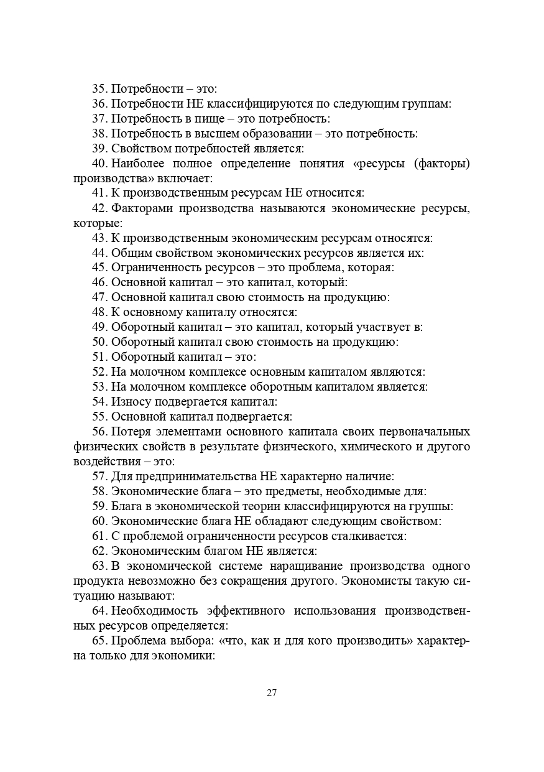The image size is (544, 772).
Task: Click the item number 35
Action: click(x=99, y=89)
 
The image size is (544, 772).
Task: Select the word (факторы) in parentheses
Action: click(x=439, y=164)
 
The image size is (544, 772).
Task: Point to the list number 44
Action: click(x=99, y=253)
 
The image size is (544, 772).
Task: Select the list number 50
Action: click(x=99, y=342)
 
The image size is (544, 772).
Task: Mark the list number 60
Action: click(x=99, y=521)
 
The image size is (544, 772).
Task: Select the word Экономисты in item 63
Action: click(x=375, y=581)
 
